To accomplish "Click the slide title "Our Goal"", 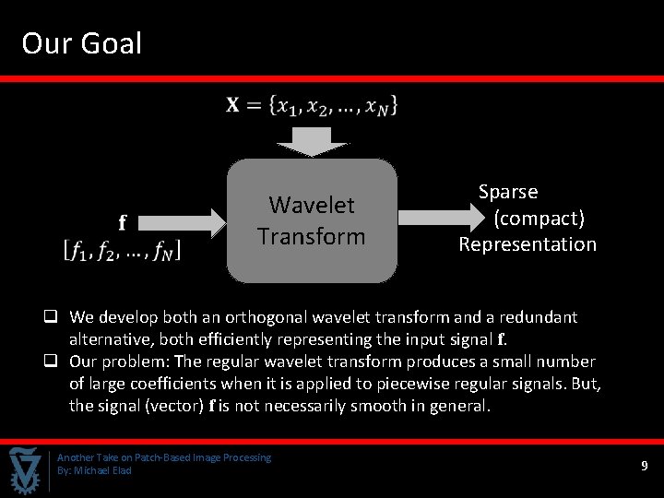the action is coord(82,43).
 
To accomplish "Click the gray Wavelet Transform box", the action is coord(312,220).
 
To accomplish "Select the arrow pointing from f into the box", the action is coord(184,221).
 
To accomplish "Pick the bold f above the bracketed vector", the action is coord(122,222).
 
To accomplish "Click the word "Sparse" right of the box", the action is coord(508,192).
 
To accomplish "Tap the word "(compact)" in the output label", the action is coord(539,219).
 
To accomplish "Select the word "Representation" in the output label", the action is coord(528,244).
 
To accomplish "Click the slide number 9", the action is coord(645,467).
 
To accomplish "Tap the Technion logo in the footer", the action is coord(26,469).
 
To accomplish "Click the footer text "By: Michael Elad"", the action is coord(94,470).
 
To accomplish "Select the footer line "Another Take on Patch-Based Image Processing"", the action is coord(164,457).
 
